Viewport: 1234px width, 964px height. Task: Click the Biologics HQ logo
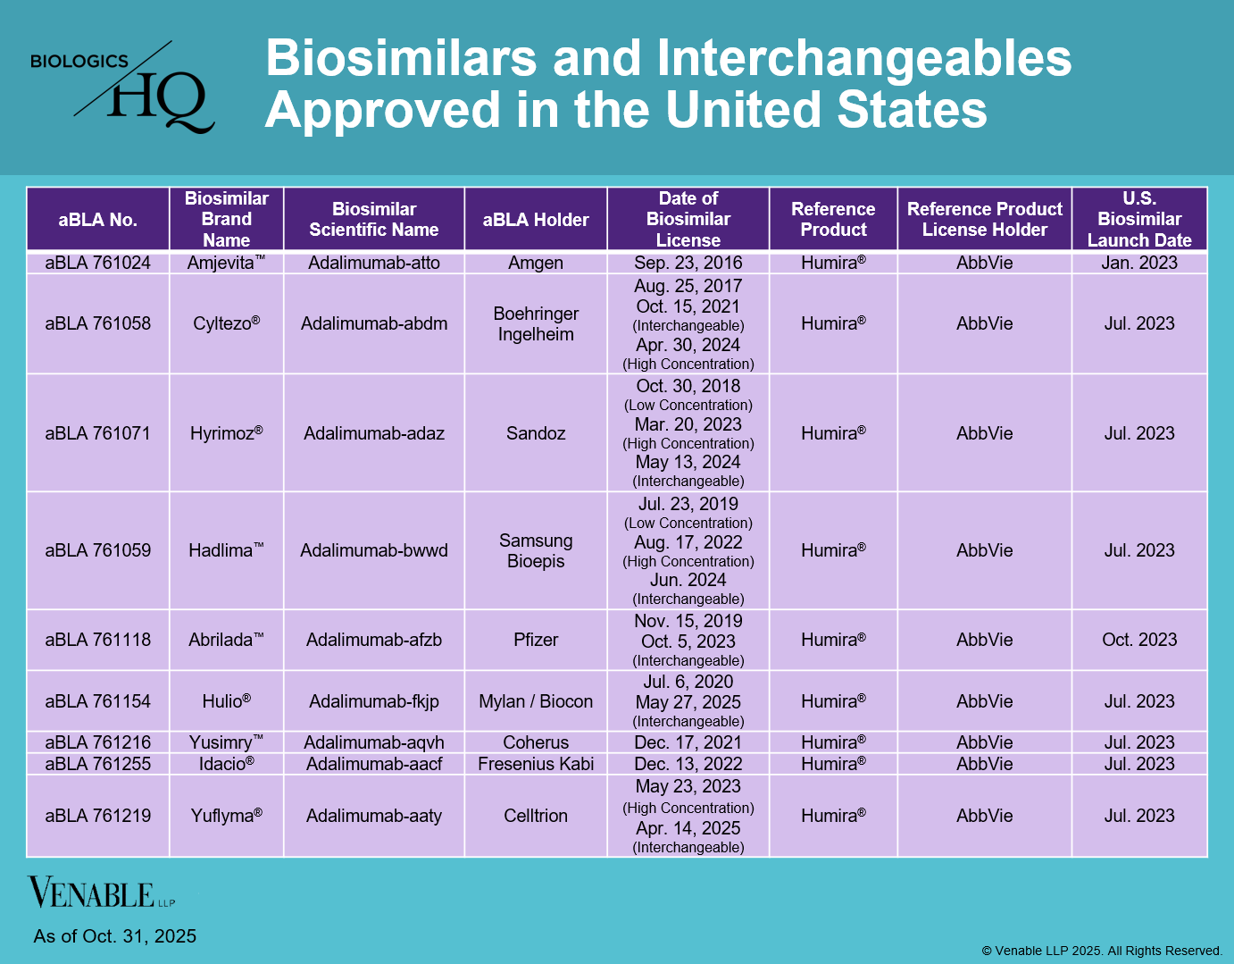point(123,88)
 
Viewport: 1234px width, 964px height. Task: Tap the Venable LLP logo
point(100,893)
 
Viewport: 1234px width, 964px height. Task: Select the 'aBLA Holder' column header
point(536,220)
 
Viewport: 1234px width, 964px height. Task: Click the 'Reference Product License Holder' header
point(984,220)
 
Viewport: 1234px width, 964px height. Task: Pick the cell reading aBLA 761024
point(98,263)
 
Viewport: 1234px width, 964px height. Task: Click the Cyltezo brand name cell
point(227,323)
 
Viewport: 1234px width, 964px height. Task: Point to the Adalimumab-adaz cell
point(374,433)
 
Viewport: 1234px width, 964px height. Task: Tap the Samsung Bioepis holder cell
point(536,550)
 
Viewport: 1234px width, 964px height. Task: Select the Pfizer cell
point(536,640)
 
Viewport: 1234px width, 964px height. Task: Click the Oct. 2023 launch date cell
point(1139,640)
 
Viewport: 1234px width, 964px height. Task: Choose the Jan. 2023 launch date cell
point(1139,263)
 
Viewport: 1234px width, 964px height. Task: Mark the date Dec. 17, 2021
point(688,742)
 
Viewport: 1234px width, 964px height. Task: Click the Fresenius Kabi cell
point(536,764)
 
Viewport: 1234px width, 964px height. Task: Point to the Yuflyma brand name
point(227,816)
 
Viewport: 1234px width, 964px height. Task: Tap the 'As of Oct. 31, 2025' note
point(115,936)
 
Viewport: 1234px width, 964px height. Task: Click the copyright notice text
point(1102,951)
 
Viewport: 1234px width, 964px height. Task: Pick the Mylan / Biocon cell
point(536,701)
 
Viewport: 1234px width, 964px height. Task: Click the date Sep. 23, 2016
point(688,263)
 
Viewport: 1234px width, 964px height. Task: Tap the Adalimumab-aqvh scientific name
point(374,742)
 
